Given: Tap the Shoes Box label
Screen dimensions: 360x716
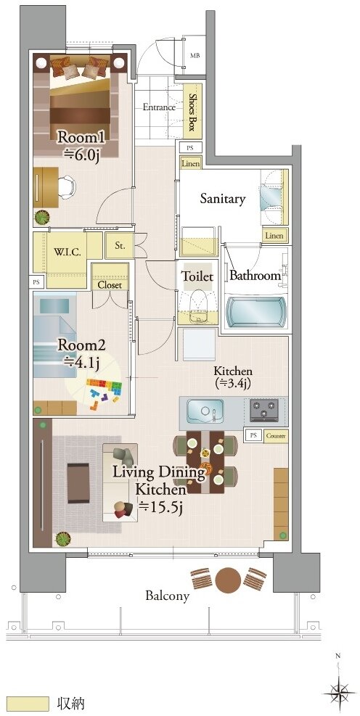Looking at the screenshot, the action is click(192, 112).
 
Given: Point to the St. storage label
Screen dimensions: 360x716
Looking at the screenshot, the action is click(120, 246).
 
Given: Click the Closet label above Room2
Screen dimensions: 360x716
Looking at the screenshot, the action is click(110, 285).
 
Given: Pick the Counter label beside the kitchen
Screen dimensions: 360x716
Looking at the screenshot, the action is click(276, 436).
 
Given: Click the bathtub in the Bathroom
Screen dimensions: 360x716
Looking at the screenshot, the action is click(255, 312).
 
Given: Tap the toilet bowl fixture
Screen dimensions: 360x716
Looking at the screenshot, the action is click(198, 301).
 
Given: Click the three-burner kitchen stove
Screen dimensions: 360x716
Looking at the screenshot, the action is click(264, 410).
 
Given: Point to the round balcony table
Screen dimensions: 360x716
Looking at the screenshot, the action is click(227, 580).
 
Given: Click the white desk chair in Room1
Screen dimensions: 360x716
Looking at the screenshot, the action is click(67, 187).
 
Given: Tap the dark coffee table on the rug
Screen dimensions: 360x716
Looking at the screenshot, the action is click(78, 482).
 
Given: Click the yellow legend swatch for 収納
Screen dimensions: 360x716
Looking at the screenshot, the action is click(28, 704).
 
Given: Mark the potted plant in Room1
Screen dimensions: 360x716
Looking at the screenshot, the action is click(42, 218).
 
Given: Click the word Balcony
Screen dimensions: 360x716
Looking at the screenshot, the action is click(167, 596).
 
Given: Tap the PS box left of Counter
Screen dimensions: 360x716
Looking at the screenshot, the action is click(253, 436).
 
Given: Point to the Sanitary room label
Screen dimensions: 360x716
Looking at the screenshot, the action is click(223, 199).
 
